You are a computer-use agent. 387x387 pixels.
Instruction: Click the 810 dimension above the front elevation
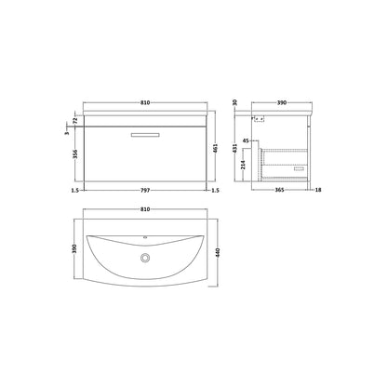tap(145, 102)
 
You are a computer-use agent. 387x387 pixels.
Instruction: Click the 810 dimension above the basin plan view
tap(145, 209)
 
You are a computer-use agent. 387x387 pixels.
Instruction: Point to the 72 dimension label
tap(74, 121)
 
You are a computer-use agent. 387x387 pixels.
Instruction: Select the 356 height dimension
tap(74, 154)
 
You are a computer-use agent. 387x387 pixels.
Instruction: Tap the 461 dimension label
tap(216, 148)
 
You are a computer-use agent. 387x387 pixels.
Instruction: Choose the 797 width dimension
tap(145, 190)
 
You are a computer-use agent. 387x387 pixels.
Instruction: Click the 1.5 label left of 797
tap(75, 190)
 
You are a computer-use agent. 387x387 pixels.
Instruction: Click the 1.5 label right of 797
tap(215, 190)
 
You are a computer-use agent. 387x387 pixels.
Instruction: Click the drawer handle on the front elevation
tap(145, 135)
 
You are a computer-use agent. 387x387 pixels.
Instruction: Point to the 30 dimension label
tap(234, 102)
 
